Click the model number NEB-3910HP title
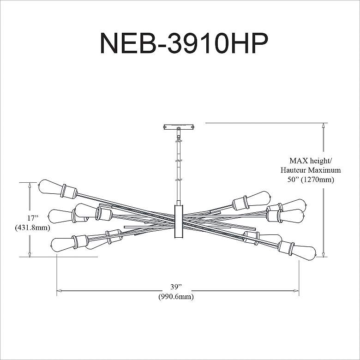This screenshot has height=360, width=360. [x=184, y=43]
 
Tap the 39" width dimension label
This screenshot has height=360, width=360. [x=176, y=287]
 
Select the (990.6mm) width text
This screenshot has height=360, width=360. [x=176, y=297]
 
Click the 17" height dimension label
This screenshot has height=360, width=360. [x=33, y=218]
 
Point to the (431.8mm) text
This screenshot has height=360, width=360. [x=33, y=228]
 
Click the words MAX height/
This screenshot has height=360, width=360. [x=311, y=161]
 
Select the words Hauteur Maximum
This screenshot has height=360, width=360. [x=311, y=170]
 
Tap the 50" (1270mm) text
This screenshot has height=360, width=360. [x=311, y=180]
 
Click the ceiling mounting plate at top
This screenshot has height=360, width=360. [x=179, y=127]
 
